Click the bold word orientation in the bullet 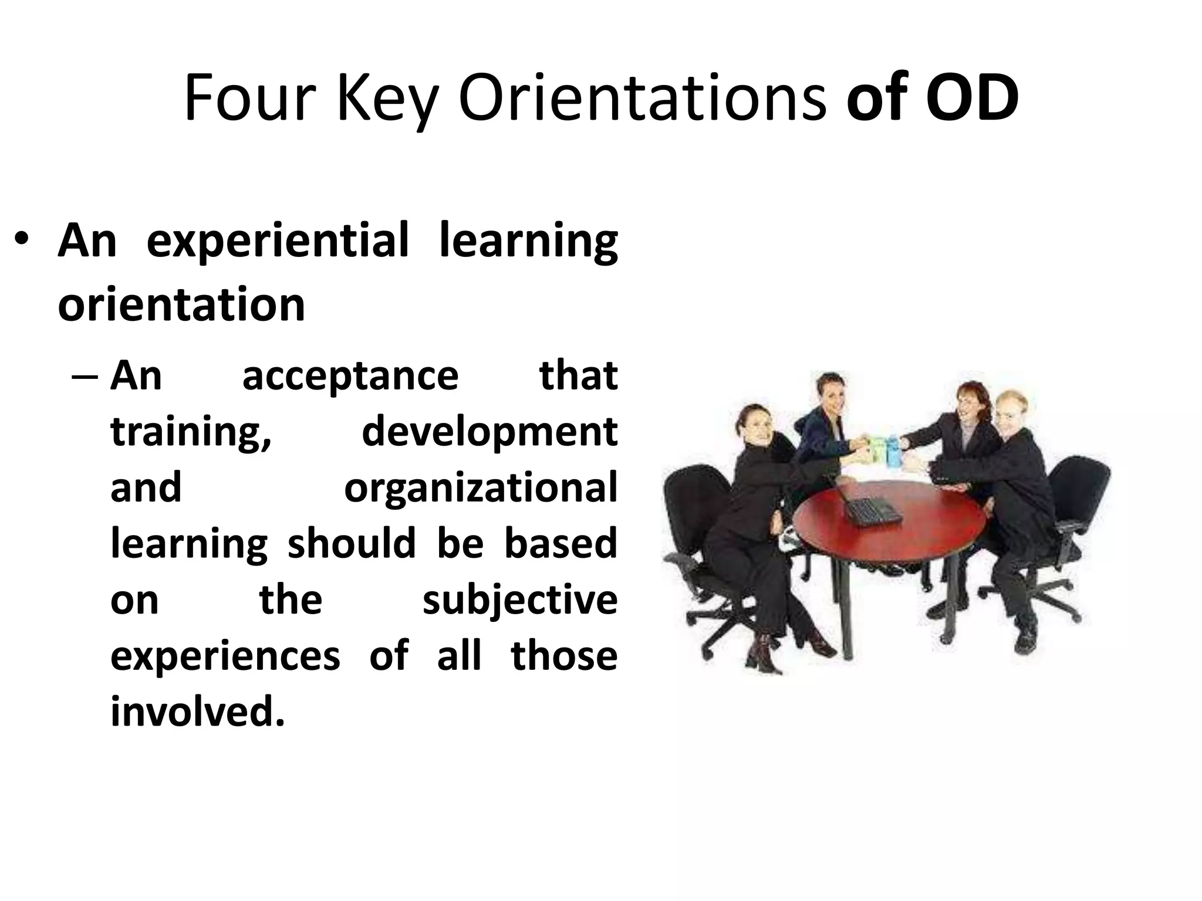point(181,304)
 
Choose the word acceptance point(350,376)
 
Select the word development point(489,432)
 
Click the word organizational point(481,488)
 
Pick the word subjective point(520,601)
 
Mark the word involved point(197,712)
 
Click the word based point(561,544)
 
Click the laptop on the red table point(872,511)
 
